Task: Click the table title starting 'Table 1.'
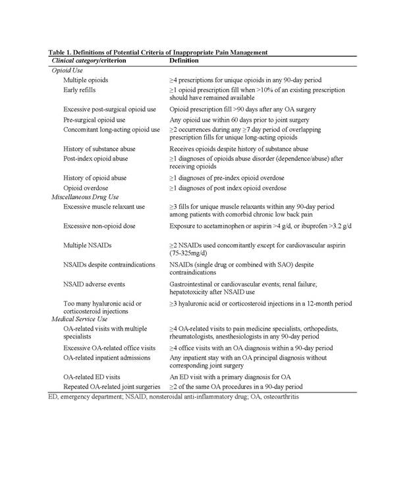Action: [158, 52]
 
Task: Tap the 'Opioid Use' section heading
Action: [67, 70]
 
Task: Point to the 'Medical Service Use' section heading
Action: [80, 319]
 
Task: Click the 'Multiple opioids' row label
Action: [86, 80]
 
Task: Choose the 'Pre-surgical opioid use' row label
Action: [94, 120]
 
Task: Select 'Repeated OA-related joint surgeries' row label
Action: [111, 387]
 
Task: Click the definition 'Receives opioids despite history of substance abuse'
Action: [238, 149]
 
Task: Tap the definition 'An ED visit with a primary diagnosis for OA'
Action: [231, 377]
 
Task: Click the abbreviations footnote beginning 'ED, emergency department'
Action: [169, 398]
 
